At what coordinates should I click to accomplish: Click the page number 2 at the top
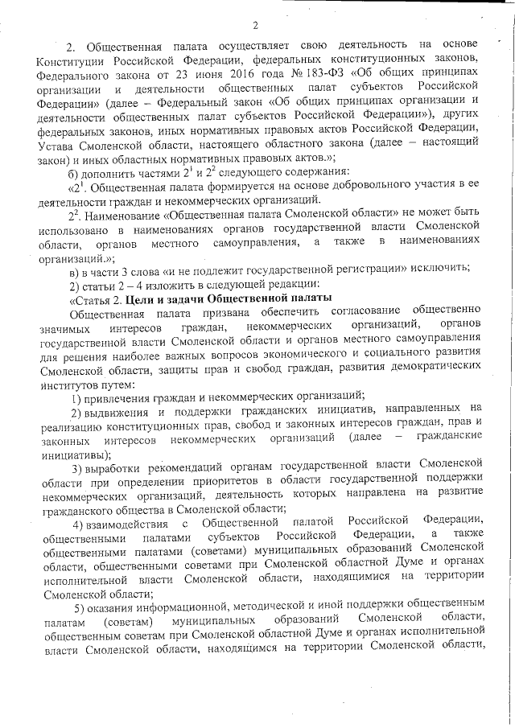[254, 23]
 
